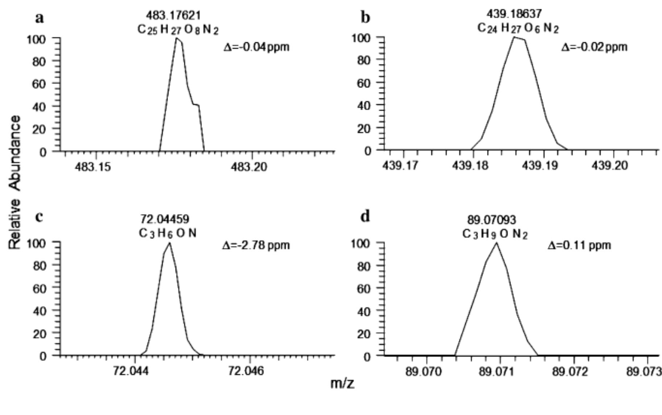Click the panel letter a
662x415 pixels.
[40, 17]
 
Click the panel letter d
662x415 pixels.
[365, 217]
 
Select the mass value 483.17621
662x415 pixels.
[173, 16]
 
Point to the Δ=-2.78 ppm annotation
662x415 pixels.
[256, 246]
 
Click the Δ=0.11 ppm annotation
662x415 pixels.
[579, 246]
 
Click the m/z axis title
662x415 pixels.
[342, 383]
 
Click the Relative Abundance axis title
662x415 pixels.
[15, 183]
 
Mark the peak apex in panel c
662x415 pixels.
[169, 243]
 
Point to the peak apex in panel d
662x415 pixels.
[496, 243]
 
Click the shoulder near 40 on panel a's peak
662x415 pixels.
[196, 105]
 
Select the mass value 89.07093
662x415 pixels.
[491, 220]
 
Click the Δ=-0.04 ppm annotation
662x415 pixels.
[256, 47]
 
